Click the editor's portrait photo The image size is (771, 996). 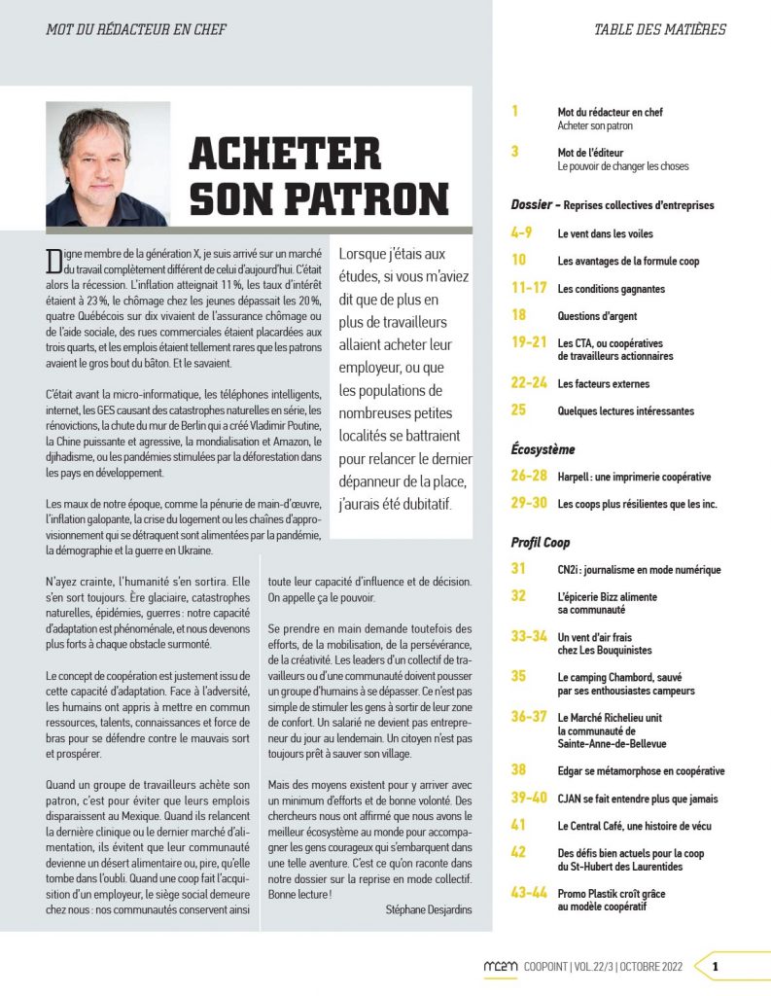pos(107,163)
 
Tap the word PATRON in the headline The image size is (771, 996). pos(367,197)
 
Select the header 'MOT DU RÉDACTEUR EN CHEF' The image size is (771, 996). pos(136,29)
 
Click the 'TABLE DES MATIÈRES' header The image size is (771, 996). pos(660,29)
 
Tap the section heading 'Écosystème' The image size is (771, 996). pos(543,449)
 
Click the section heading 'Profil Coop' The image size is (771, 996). pos(541,542)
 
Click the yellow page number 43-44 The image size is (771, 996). pos(529,893)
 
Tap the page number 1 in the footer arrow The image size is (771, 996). pos(715,967)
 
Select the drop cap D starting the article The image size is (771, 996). pos(53,261)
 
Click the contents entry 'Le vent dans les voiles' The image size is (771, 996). pos(606,234)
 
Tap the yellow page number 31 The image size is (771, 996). pos(518,569)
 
